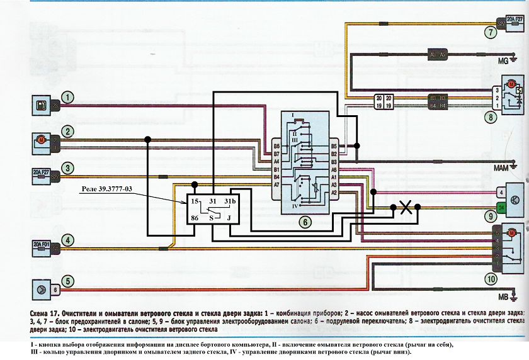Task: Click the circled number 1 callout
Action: tap(67, 98)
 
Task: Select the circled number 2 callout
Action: tap(67, 132)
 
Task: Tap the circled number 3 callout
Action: tap(67, 168)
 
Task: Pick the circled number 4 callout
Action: tap(67, 240)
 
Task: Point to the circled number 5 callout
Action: tap(67, 281)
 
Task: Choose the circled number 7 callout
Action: tap(489, 31)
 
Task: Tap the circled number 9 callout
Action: tap(489, 215)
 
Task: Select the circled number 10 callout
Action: tap(489, 279)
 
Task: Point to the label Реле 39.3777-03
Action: tap(111, 189)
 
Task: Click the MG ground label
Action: tap(504, 62)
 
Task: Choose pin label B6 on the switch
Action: tap(276, 147)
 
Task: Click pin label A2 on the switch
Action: tap(334, 193)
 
